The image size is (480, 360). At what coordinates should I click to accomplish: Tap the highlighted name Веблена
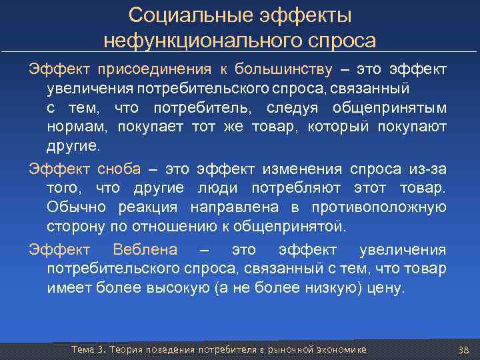click(x=146, y=250)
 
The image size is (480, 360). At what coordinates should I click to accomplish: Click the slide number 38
click(x=464, y=350)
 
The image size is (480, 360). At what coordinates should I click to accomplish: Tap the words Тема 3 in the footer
click(x=89, y=350)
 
